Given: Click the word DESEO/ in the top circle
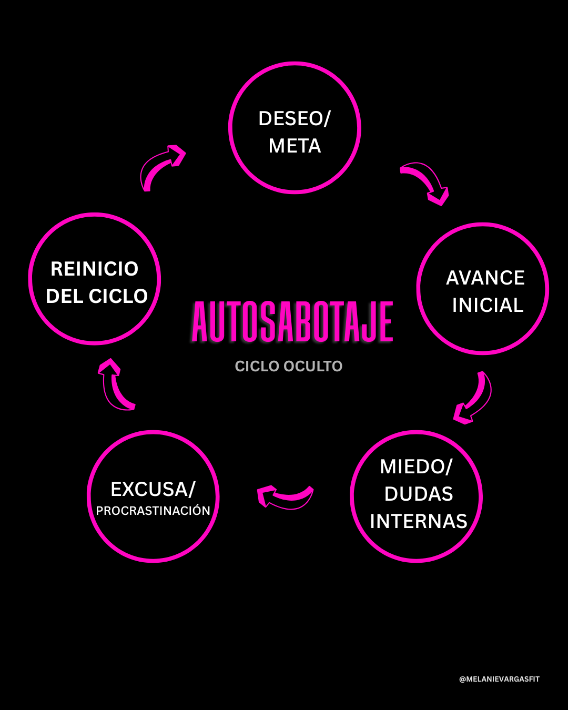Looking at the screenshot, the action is tap(294, 119).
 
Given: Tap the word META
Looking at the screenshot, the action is tap(295, 146).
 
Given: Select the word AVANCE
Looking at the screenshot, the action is tap(485, 278).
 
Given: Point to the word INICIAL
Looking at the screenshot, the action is tap(488, 306).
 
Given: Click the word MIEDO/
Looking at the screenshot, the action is tap(416, 467).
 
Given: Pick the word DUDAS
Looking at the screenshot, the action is tap(419, 494).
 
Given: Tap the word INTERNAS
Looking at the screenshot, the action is tap(419, 522).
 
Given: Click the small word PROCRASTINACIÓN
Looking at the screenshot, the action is tap(153, 511).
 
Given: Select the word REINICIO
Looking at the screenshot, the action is tap(95, 269).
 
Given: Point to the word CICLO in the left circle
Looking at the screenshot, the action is tap(118, 297).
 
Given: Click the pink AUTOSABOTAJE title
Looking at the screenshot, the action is tap(292, 322).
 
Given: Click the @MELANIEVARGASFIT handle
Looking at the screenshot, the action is tap(499, 679).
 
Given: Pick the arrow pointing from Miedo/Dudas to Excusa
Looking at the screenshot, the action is tap(285, 496).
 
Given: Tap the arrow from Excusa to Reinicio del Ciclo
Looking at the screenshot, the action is tap(116, 384).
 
